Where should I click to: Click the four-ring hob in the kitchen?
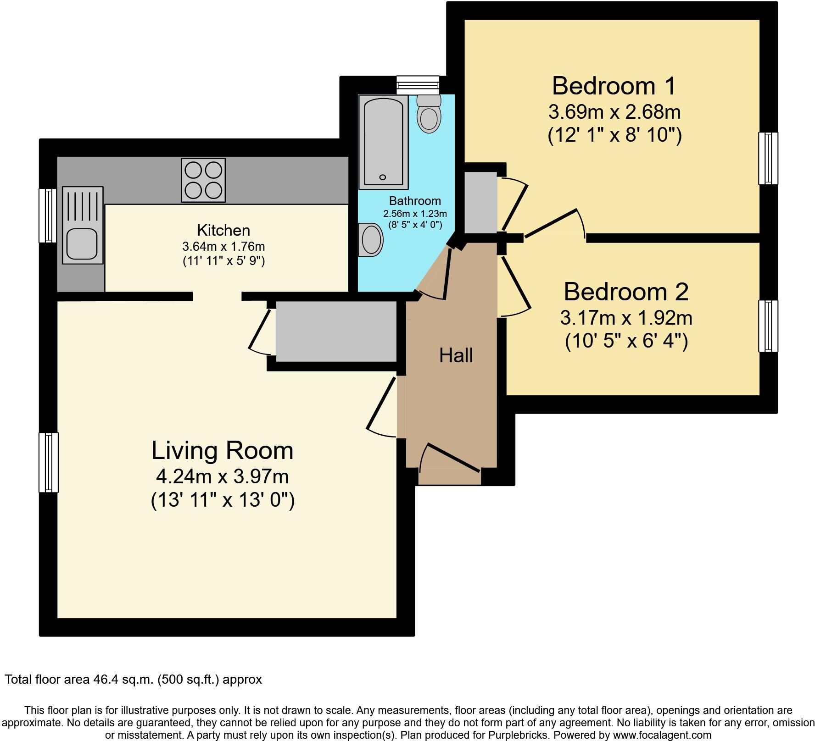[x=203, y=180]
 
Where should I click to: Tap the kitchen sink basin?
[x=82, y=243]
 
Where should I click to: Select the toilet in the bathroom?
[x=429, y=115]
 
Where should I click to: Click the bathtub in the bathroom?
[x=383, y=142]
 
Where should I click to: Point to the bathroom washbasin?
[x=371, y=240]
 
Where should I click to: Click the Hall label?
[x=456, y=356]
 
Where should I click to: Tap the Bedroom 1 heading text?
[x=614, y=86]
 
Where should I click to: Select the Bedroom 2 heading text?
[x=626, y=292]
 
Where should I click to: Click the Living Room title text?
[x=223, y=450]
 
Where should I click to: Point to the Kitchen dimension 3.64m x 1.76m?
[x=223, y=246]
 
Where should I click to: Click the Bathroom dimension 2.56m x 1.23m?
[x=415, y=214]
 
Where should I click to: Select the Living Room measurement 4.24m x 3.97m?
[x=223, y=476]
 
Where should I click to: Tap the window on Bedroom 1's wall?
[x=768, y=158]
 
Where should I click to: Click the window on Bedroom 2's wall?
[x=768, y=326]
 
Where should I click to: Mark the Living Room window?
[x=49, y=462]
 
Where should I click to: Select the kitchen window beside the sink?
[x=47, y=215]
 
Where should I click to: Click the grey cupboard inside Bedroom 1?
[x=480, y=202]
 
